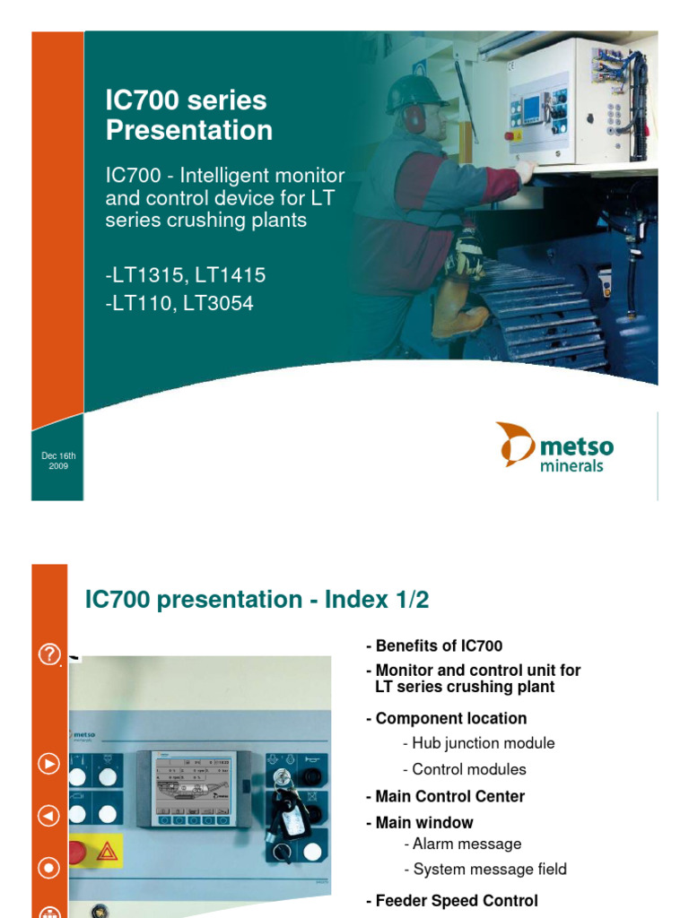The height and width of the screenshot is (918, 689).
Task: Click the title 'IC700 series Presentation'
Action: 188,116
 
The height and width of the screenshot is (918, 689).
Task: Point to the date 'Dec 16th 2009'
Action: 58,461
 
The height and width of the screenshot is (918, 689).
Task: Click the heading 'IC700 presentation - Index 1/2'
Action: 257,601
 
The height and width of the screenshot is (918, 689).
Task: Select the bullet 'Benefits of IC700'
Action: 434,645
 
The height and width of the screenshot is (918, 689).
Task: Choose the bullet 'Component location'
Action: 446,718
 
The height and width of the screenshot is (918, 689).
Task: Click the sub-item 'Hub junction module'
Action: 479,743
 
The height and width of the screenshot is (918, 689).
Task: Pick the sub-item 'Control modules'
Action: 465,769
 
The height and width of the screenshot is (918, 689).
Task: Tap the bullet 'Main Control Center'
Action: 445,796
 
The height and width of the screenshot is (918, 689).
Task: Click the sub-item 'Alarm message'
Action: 462,844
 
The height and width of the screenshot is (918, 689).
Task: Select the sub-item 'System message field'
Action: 484,869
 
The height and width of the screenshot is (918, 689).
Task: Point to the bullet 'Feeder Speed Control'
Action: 452,901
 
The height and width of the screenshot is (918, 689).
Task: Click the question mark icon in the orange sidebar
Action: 48,655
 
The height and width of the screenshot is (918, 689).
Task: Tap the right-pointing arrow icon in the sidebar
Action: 48,764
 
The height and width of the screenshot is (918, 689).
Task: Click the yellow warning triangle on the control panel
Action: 106,851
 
